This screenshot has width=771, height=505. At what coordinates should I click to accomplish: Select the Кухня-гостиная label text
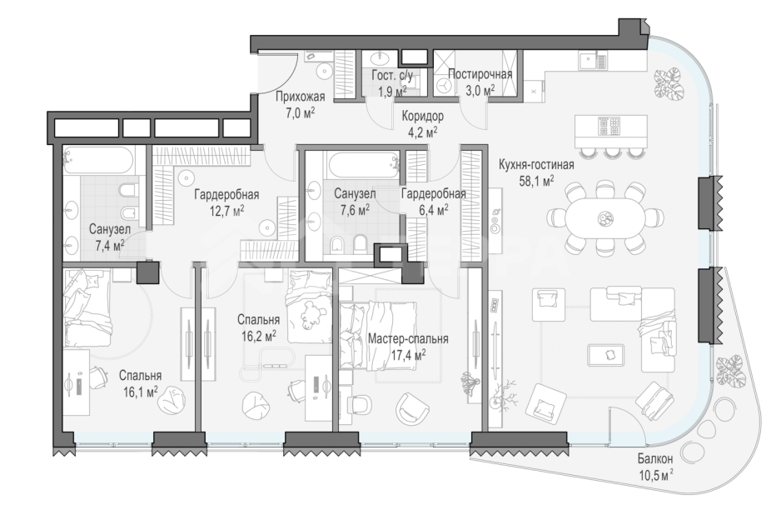point(536,164)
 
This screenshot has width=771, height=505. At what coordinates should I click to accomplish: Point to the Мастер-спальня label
point(408,339)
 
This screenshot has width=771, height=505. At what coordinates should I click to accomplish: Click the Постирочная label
point(480,73)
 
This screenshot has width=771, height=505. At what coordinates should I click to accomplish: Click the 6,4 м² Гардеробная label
point(433,194)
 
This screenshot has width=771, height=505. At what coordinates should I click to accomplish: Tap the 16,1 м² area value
point(140,392)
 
